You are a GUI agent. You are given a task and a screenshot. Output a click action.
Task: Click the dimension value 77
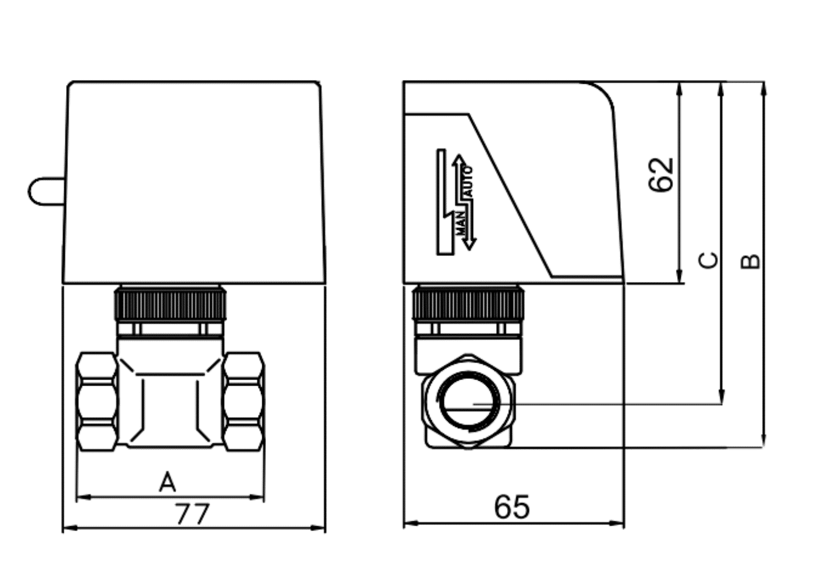click(x=193, y=514)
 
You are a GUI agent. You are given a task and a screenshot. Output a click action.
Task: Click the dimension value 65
click(x=512, y=507)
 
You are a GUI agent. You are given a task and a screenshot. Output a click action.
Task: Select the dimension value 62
click(x=661, y=175)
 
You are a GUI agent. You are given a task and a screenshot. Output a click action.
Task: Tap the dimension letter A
click(x=168, y=482)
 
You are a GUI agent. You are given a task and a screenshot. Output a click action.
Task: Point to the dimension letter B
click(x=750, y=261)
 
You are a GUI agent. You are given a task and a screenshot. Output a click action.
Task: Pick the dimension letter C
click(x=708, y=260)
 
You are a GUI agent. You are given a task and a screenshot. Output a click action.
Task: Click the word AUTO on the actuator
click(x=468, y=181)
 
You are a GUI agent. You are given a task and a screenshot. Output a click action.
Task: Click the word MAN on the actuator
click(x=461, y=223)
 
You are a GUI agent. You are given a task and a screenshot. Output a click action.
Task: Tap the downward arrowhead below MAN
click(x=469, y=245)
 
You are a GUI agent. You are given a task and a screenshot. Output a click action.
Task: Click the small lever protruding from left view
click(x=47, y=192)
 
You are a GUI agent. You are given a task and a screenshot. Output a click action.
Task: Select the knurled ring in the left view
click(x=170, y=304)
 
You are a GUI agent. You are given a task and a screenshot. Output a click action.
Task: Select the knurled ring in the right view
click(x=468, y=304)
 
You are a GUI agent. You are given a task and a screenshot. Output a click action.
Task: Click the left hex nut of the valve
click(x=97, y=402)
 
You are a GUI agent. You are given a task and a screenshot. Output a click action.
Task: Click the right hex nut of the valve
click(x=243, y=402)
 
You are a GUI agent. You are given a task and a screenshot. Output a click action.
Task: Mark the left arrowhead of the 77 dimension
click(x=70, y=528)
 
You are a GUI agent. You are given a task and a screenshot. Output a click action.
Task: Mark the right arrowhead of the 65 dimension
click(x=617, y=523)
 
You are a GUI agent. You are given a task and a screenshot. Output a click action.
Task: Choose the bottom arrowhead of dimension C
click(x=722, y=397)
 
